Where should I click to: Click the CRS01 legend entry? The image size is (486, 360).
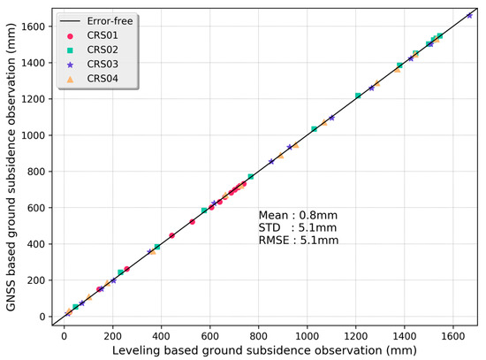pyautogui.click(x=97, y=36)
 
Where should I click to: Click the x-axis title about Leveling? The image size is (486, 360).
pyautogui.click(x=266, y=351)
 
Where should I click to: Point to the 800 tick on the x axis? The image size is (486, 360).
pyautogui.click(x=259, y=337)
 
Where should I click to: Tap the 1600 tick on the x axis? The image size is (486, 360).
pyautogui.click(x=454, y=337)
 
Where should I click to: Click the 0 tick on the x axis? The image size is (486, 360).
pyautogui.click(x=64, y=337)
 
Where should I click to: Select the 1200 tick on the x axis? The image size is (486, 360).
pyautogui.click(x=356, y=337)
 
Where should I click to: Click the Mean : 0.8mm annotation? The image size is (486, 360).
pyautogui.click(x=298, y=215)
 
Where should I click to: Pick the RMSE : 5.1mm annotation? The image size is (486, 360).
pyautogui.click(x=298, y=240)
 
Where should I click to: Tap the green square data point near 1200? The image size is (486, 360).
pyautogui.click(x=358, y=96)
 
